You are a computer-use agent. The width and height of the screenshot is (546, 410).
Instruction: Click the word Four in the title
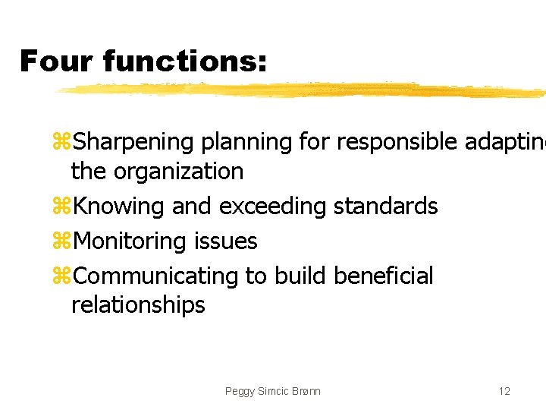pos(55,61)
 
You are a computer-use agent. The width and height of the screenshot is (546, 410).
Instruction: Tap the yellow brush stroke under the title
pos(303,90)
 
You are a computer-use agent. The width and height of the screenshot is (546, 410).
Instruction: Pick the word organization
pos(178,172)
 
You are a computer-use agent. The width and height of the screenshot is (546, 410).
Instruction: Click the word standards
pos(386,207)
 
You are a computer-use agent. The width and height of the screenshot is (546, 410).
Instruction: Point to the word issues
pos(226,241)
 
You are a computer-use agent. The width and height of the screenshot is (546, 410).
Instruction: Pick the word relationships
pos(138,305)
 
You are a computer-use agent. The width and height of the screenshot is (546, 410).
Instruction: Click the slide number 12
pos(504,391)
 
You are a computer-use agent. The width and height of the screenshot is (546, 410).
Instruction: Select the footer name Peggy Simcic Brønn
pos(273,391)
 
